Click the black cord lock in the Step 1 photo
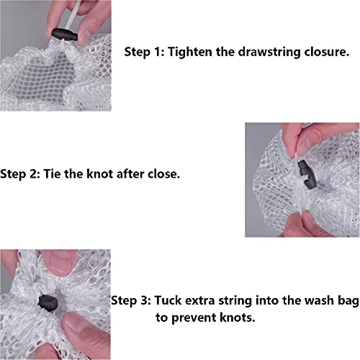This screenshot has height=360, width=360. click(x=65, y=35)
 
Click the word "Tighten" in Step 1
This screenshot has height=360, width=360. click(x=190, y=52)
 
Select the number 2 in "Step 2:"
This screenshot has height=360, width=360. click(x=35, y=174)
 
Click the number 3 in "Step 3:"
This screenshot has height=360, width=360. click(x=145, y=300)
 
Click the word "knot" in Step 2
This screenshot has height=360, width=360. click(x=100, y=174)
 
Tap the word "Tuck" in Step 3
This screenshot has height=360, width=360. click(x=168, y=300)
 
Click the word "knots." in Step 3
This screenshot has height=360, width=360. click(x=238, y=318)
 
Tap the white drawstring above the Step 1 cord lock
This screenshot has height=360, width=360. click(x=64, y=15)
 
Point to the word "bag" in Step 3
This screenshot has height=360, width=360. click(x=348, y=302)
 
